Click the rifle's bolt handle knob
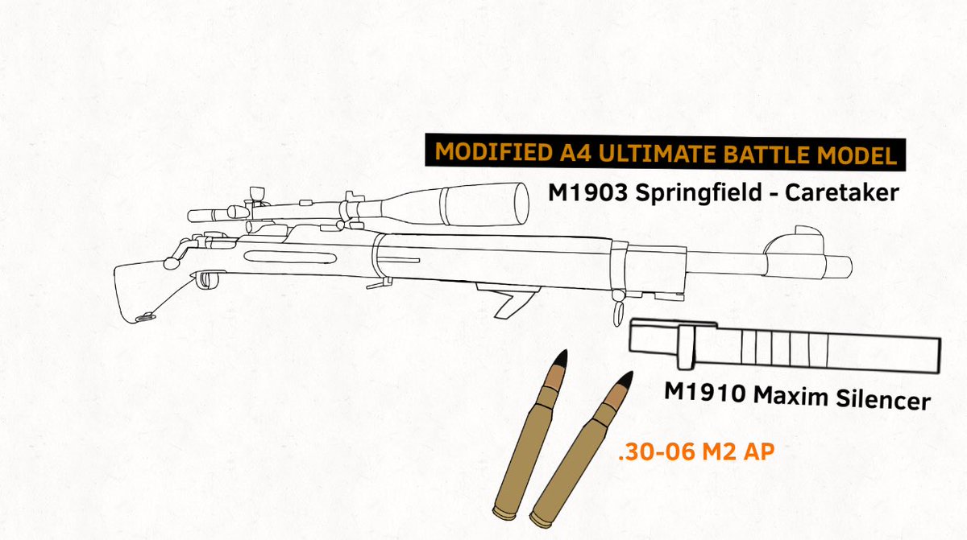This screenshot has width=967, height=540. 170,262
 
